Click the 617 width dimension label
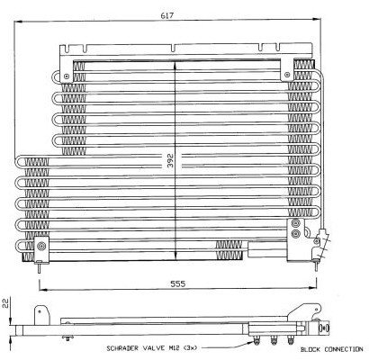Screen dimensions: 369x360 pyautogui.click(x=167, y=16)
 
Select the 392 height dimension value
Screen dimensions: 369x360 pyautogui.click(x=170, y=161)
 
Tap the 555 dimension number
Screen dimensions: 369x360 pyautogui.click(x=178, y=283)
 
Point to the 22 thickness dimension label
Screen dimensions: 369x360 pyautogui.click(x=5, y=303)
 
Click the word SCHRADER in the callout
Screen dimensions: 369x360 pyautogui.click(x=122, y=348)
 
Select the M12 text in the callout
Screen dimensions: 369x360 pyautogui.click(x=173, y=348)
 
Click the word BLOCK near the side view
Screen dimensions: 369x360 pyautogui.click(x=310, y=349)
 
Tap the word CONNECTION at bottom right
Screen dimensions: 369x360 pyautogui.click(x=344, y=349)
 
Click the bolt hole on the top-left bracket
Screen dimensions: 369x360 pyautogui.click(x=67, y=76)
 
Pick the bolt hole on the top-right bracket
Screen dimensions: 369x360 pyautogui.click(x=287, y=75)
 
